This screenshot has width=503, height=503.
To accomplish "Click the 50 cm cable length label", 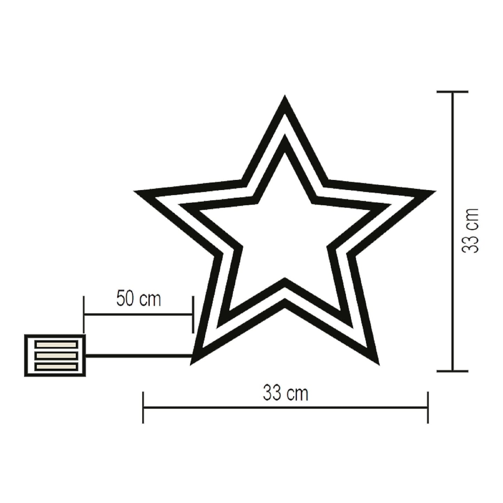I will [139, 299].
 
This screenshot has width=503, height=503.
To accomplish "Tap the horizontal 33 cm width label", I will [285, 393].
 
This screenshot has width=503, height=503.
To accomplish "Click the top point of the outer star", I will [285, 99].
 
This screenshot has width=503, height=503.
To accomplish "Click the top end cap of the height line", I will [452, 92].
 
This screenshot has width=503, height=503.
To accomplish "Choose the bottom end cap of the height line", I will [452, 371].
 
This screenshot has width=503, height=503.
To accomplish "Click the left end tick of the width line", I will [143, 407].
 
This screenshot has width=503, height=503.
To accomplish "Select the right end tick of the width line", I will [427, 407].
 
